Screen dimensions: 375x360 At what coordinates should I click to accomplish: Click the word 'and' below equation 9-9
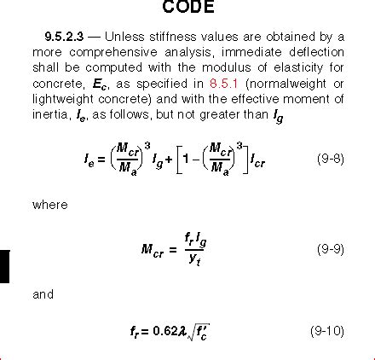(43, 294)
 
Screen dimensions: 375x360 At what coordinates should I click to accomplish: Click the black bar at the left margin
(4, 264)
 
